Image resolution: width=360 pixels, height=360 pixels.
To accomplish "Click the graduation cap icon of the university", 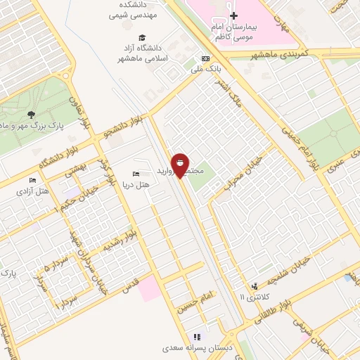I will [142, 37].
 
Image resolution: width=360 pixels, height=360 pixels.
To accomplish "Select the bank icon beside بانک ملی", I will [205, 58].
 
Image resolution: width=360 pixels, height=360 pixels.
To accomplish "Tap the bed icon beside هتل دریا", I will [136, 174].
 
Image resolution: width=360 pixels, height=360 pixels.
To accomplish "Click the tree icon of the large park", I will [30, 115].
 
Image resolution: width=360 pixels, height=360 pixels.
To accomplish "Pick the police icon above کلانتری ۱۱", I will [254, 285].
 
